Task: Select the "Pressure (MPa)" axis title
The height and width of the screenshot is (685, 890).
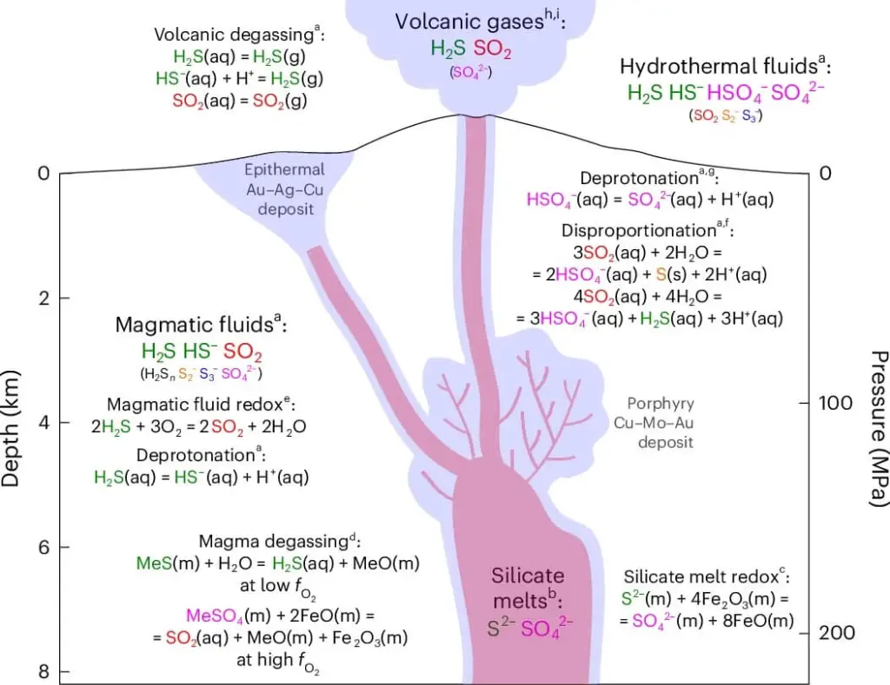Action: (x=878, y=429)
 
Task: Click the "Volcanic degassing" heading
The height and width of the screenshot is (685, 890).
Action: (x=236, y=36)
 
